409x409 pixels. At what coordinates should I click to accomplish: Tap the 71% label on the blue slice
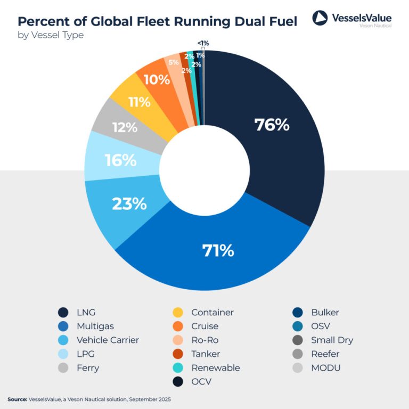click(218, 250)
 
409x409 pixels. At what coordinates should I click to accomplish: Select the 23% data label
click(129, 203)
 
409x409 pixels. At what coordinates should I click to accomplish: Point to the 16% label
click(120, 160)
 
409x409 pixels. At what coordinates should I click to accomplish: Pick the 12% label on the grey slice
click(125, 128)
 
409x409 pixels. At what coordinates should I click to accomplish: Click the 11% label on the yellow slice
click(139, 102)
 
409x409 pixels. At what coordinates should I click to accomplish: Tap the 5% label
click(173, 62)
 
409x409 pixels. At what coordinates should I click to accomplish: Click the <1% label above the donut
click(203, 43)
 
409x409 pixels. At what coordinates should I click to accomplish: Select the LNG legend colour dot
click(63, 313)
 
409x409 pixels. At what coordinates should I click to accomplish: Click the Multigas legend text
click(94, 326)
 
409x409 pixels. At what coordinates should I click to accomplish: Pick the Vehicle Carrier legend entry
click(108, 340)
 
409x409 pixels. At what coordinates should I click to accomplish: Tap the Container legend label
click(212, 313)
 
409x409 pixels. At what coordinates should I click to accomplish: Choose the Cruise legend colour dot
click(179, 326)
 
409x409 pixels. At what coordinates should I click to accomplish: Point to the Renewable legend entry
click(215, 368)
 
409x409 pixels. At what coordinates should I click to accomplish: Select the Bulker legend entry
click(325, 313)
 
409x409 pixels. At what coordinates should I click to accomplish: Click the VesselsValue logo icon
click(320, 18)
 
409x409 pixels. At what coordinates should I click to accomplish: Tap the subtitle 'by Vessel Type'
click(51, 36)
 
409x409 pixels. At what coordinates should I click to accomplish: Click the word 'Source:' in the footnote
click(17, 399)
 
